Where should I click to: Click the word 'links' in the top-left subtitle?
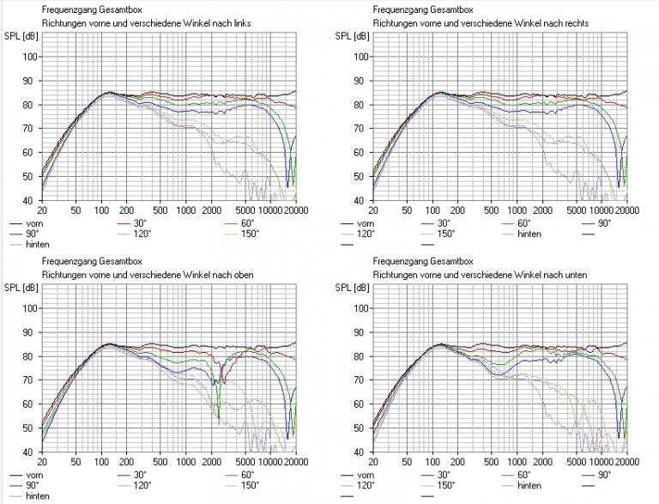pyautogui.click(x=242, y=22)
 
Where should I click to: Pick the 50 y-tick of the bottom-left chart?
pyautogui.click(x=30, y=428)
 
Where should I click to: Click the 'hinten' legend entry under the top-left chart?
pyautogui.click(x=37, y=244)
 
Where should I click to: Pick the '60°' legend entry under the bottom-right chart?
pyautogui.click(x=529, y=474)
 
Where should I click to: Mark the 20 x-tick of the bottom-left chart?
pyautogui.click(x=42, y=461)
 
